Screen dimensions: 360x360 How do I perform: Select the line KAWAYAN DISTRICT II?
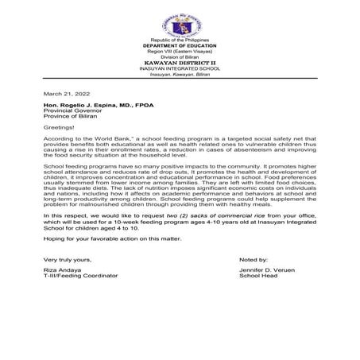click(179, 61)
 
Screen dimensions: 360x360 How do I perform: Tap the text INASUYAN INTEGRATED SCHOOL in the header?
click(179, 67)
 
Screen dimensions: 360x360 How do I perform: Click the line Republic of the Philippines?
click(179, 39)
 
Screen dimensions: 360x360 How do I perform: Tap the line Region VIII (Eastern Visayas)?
click(179, 50)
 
